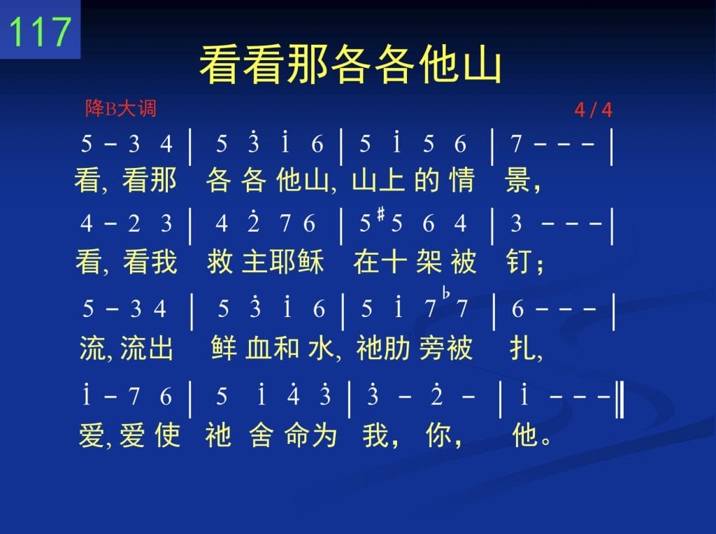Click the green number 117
40,31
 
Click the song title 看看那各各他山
350,64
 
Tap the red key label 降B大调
120,108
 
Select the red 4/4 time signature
593,110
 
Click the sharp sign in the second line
382,213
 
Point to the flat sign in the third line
446,293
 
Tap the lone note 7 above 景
516,144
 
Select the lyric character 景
518,179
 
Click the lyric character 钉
520,261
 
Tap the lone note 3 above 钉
516,223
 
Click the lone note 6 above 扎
517,309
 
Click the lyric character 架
429,261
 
